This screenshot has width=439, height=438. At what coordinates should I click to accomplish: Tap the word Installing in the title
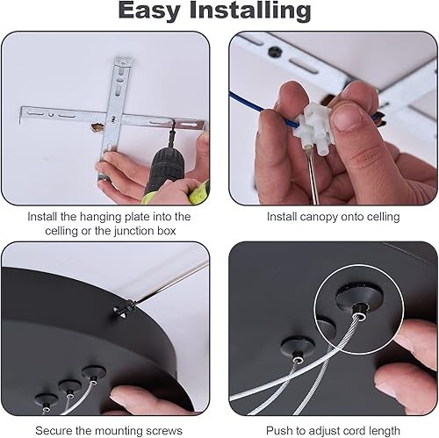[x=254, y=11]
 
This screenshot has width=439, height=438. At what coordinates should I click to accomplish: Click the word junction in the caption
[x=143, y=230]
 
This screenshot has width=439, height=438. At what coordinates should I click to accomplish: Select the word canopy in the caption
[x=314, y=216]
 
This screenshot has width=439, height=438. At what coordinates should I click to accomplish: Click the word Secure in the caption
[x=54, y=430]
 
